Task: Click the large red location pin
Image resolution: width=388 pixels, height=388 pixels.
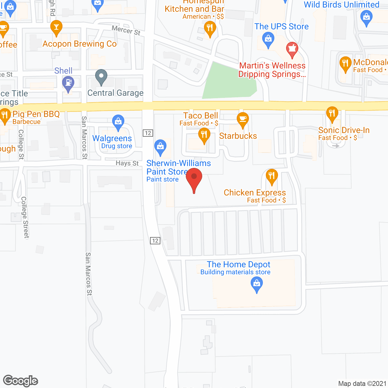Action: tap(194, 178)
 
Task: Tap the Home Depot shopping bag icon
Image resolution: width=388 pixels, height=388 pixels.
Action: tap(257, 284)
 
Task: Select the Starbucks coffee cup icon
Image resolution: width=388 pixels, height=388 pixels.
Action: tap(242, 119)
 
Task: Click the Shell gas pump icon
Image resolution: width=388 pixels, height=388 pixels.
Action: tap(68, 83)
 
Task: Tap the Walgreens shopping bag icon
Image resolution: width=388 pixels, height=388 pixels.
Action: tap(118, 122)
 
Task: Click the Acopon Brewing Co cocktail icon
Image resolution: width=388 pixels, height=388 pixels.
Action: tap(56, 27)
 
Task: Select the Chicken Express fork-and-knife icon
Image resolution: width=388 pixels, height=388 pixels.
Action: tap(272, 176)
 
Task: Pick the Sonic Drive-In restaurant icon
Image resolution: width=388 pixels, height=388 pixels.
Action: tap(332, 113)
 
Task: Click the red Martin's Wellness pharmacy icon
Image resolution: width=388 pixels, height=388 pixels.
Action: tap(292, 49)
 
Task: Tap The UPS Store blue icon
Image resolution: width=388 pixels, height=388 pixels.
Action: tap(268, 39)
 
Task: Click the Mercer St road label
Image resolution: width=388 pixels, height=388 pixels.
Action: tap(126, 30)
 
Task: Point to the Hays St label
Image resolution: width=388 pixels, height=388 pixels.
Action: tap(127, 163)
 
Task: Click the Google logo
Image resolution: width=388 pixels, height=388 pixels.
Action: tap(21, 381)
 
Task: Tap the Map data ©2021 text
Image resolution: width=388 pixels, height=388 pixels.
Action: tap(362, 383)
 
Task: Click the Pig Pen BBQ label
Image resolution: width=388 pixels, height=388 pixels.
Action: tap(36, 114)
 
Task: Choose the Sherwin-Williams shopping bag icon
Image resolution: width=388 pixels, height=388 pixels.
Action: tap(160, 146)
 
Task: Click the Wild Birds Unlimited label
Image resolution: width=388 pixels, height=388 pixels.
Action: tap(342, 5)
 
